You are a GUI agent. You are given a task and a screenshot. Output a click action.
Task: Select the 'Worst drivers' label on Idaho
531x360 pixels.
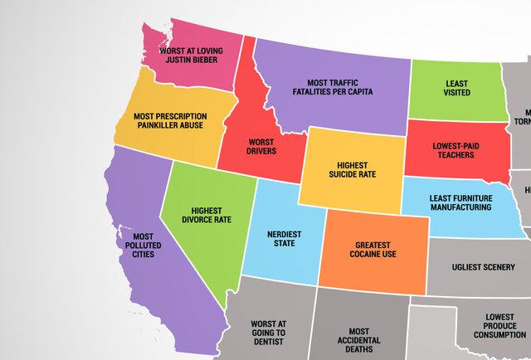click(x=261, y=146)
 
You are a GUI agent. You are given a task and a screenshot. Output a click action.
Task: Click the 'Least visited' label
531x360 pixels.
click(x=451, y=88)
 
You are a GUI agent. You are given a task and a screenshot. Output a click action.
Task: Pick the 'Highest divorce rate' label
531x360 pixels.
click(x=206, y=214)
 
